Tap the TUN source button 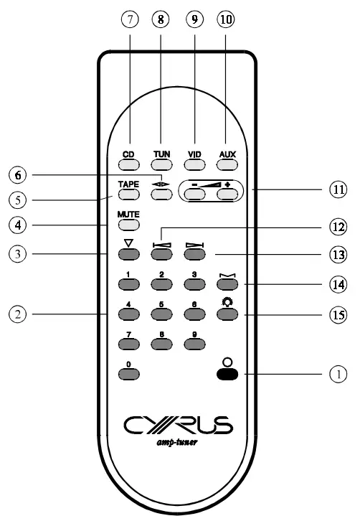click(x=162, y=164)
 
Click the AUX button click(x=227, y=164)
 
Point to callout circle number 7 click(x=130, y=21)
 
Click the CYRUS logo click(x=178, y=427)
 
